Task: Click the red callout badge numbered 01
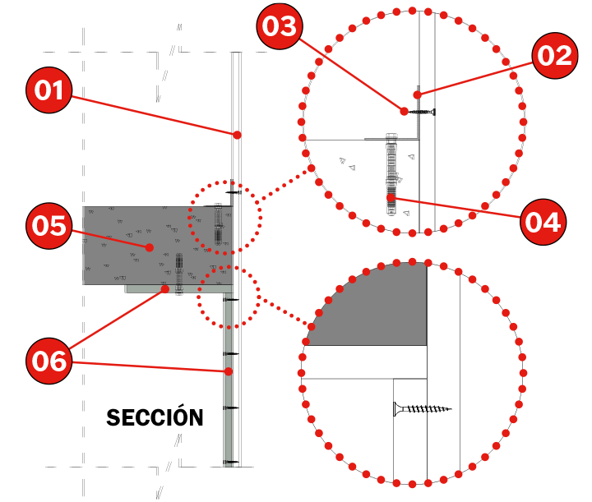(49, 90)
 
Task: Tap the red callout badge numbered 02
(555, 55)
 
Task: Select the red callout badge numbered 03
(280, 26)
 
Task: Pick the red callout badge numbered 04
(543, 222)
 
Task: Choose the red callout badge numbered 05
(49, 226)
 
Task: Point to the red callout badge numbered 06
(49, 361)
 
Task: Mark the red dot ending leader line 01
(237, 135)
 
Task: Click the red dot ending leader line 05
(150, 247)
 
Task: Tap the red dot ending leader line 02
(417, 94)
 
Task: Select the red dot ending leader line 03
(404, 111)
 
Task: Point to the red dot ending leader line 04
(391, 198)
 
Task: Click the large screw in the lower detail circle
(423, 409)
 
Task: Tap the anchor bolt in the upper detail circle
(392, 174)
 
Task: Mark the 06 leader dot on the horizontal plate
(165, 289)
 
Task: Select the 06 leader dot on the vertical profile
(229, 371)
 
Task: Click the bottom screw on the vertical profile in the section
(231, 462)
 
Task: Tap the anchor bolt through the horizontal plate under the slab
(179, 274)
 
